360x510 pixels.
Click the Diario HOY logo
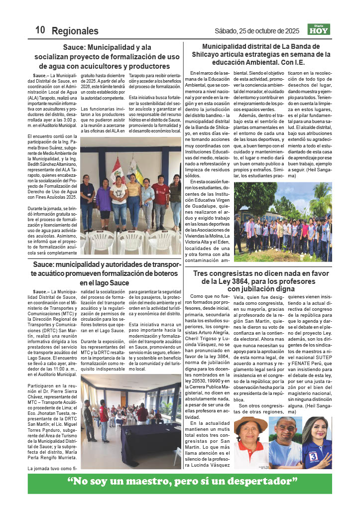point(319,29)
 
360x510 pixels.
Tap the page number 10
point(40,30)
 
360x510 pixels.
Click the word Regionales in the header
point(75,30)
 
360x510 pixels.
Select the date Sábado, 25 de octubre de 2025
point(257,31)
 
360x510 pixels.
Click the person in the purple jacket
point(104,197)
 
